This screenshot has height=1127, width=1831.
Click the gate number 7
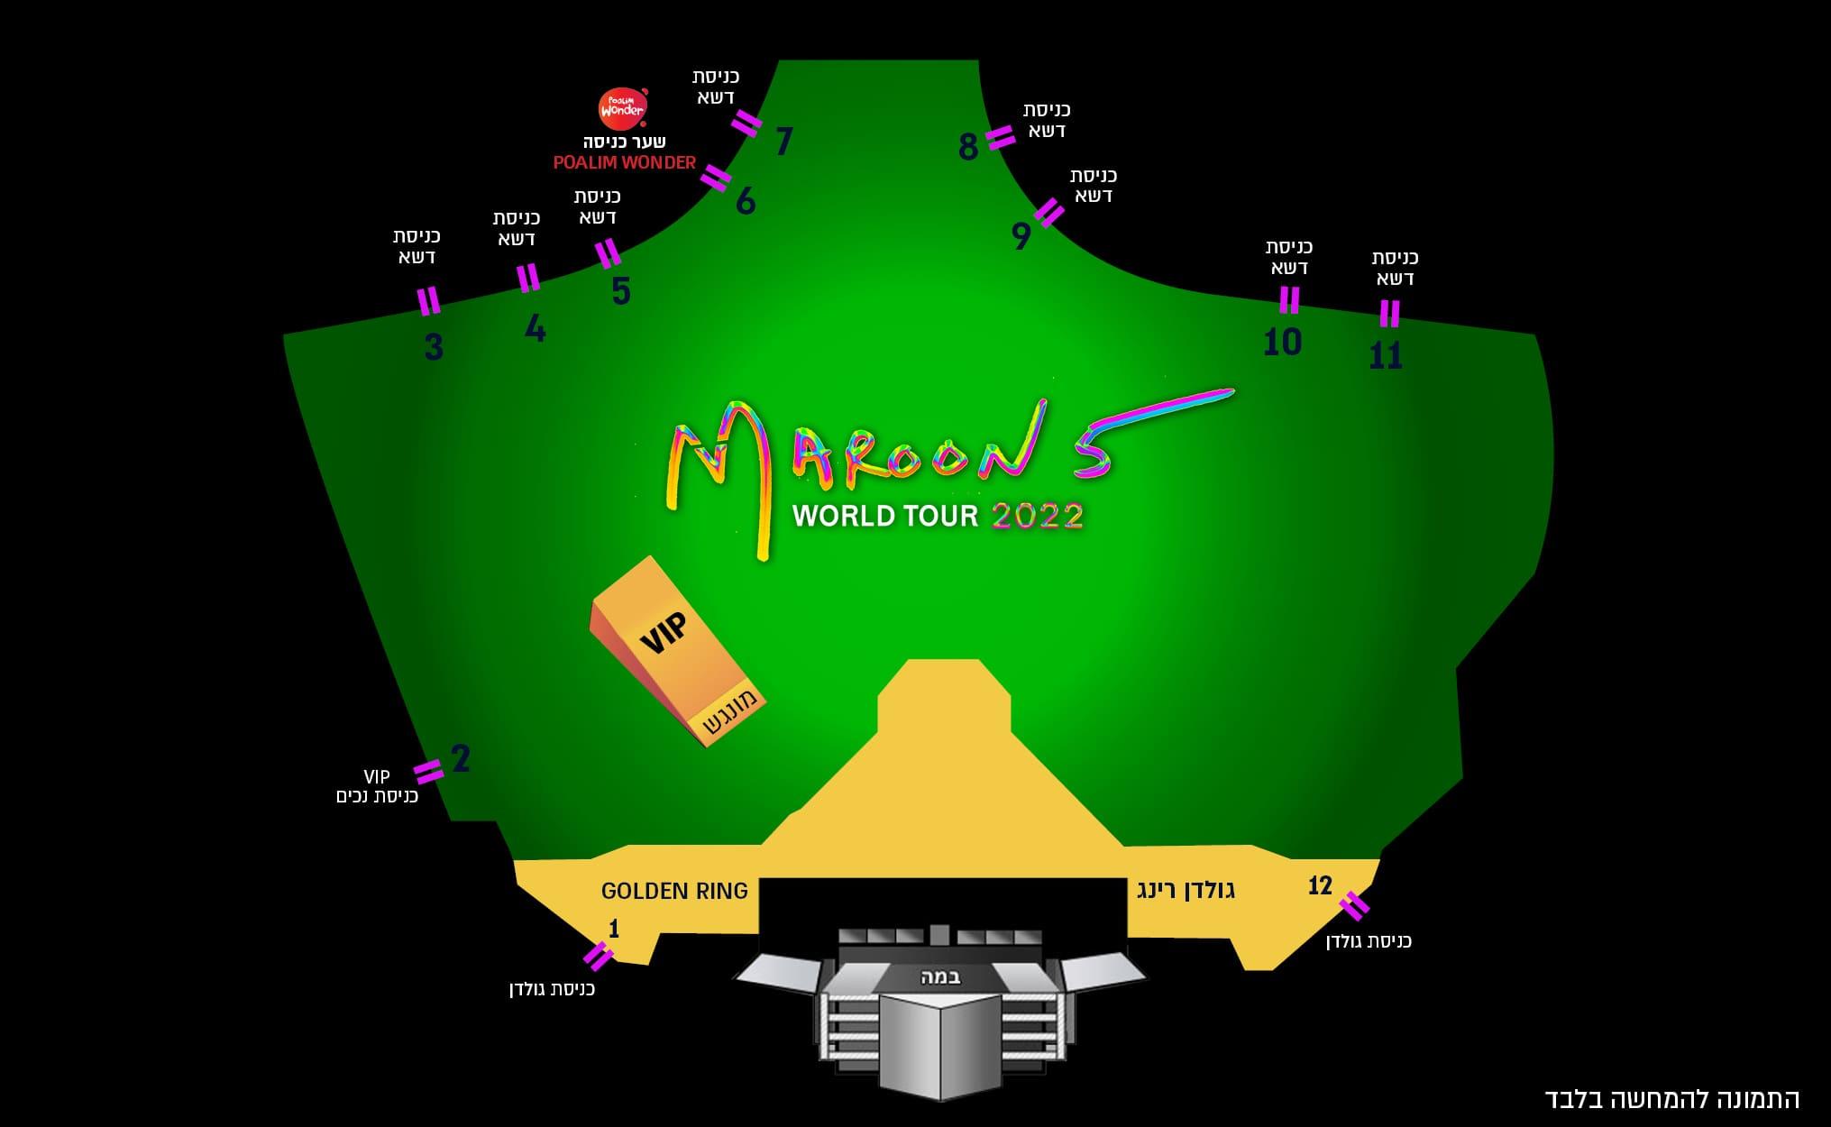[x=783, y=142]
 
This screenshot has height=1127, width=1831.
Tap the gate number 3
[x=434, y=346]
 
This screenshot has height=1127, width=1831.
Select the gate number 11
[x=1386, y=356]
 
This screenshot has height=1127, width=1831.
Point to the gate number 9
[x=1021, y=236]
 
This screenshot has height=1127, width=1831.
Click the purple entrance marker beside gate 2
[x=428, y=771]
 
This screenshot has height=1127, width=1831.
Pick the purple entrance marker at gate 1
[x=599, y=956]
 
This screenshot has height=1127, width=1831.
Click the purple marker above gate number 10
[x=1289, y=299]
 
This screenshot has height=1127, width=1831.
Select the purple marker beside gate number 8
[x=1000, y=137]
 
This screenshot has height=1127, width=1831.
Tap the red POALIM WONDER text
[x=624, y=162]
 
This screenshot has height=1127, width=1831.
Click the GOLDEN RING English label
[x=674, y=891]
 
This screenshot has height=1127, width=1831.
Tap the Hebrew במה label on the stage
[x=940, y=976]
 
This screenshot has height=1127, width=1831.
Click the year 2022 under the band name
[x=1037, y=516]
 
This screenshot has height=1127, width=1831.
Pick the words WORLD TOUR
[x=885, y=516]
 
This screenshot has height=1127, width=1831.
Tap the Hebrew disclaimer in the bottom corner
[x=1671, y=1099]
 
